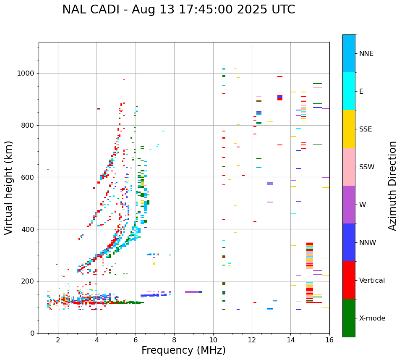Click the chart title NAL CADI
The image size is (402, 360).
(178, 10)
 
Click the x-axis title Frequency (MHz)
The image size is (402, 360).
(183, 350)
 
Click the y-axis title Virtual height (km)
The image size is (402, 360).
(9, 187)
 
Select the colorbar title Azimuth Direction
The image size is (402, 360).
(392, 186)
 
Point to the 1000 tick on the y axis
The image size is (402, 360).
(28, 73)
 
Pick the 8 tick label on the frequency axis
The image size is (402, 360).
(174, 340)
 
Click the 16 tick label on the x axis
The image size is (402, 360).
(329, 340)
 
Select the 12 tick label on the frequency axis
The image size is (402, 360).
(252, 340)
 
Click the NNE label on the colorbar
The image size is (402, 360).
(366, 54)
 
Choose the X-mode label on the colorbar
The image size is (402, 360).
(372, 318)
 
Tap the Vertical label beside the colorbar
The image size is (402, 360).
(372, 281)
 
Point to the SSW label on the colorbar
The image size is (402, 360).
(367, 167)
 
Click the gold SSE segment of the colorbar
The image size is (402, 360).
(349, 129)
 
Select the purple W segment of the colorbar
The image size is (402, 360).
(349, 205)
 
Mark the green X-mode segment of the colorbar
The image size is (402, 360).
(349, 318)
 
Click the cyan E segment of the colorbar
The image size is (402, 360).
(349, 91)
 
